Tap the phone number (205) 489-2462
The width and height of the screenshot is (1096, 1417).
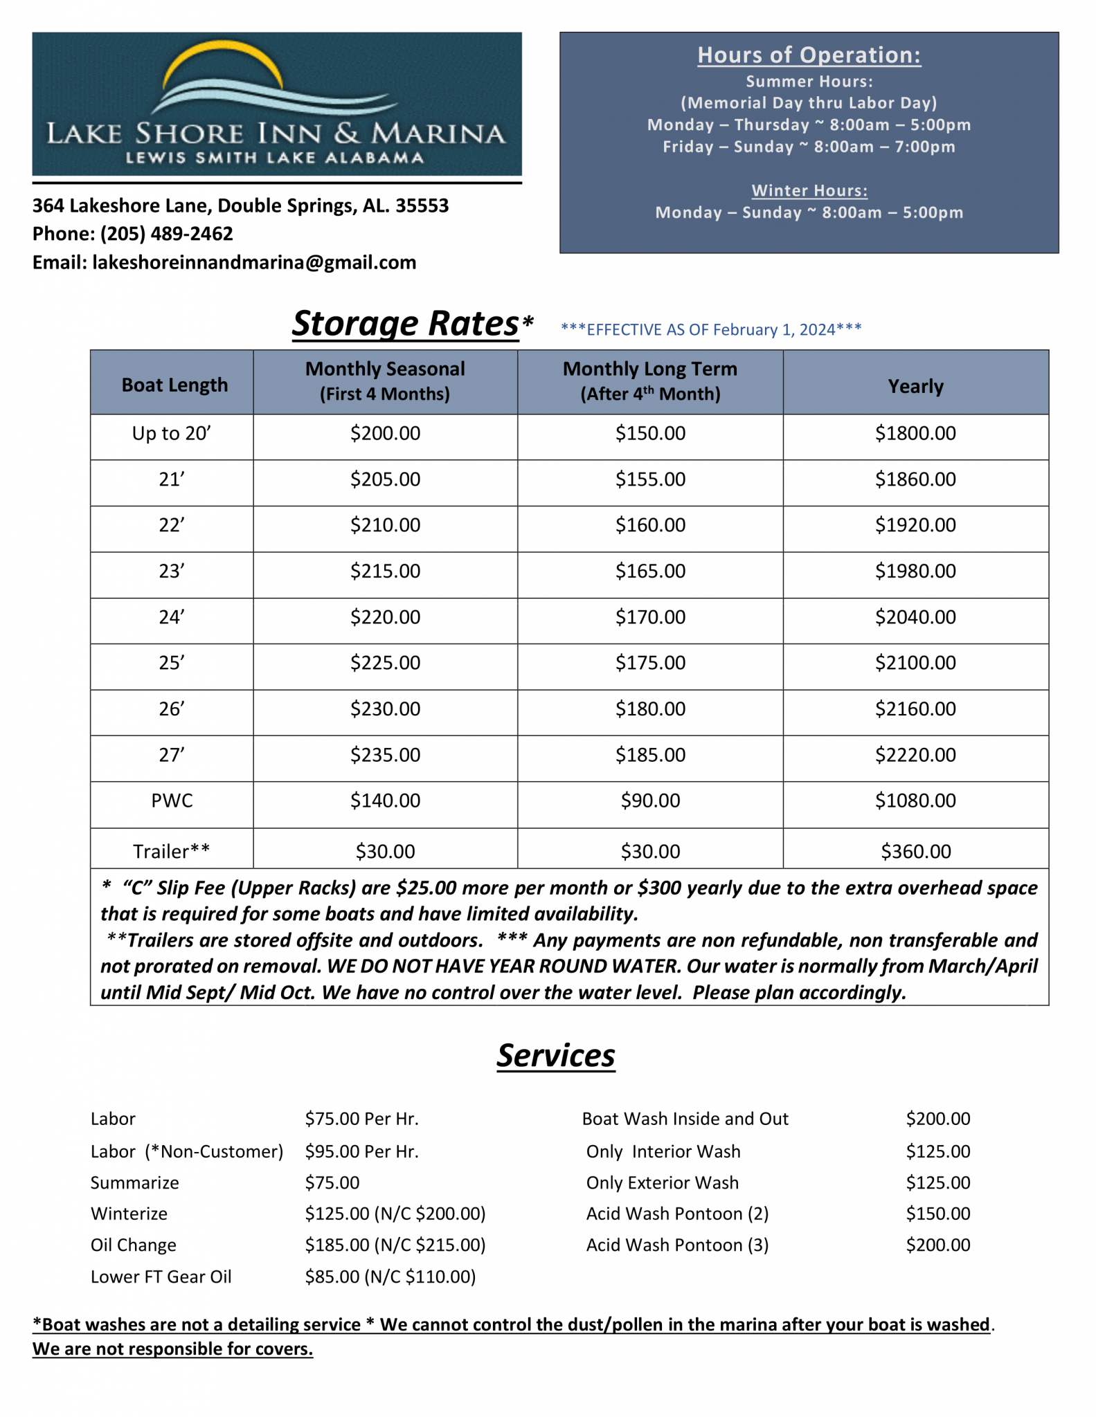coord(166,234)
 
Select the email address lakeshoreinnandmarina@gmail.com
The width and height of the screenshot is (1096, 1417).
coord(253,262)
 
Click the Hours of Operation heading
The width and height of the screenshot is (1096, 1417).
coord(808,55)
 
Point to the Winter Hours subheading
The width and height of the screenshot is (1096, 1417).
coord(809,190)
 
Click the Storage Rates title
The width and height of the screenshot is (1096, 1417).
coord(406,323)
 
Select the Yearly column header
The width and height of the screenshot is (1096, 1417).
coord(915,385)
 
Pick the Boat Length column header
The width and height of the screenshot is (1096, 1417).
coord(174,385)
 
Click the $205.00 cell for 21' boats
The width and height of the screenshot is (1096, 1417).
coord(385,479)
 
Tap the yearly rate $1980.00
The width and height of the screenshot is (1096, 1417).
coord(915,571)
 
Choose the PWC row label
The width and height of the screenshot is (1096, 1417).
coord(172,801)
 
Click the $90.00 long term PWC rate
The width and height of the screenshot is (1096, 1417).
coord(649,801)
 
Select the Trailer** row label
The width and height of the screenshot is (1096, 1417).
coord(171,851)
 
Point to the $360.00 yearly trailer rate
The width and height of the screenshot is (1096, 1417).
coord(915,851)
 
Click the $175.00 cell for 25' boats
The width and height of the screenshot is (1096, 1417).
coord(649,663)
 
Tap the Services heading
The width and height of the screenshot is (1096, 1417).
coord(555,1055)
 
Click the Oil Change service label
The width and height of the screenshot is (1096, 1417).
coord(134,1245)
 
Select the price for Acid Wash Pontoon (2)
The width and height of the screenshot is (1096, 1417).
coord(937,1214)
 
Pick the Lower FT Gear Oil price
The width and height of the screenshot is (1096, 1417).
coord(390,1277)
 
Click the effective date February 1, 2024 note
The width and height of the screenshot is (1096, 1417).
coord(711,329)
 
